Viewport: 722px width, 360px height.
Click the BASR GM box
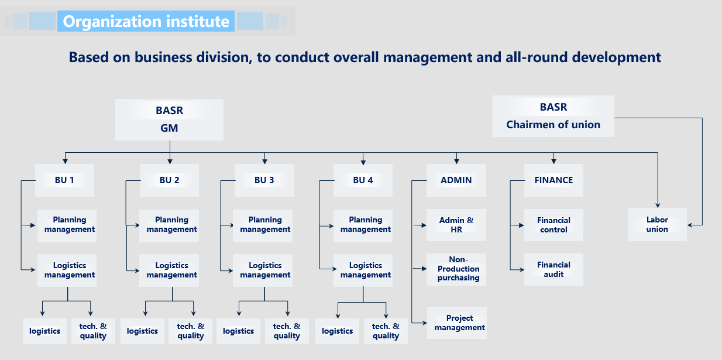[x=169, y=119]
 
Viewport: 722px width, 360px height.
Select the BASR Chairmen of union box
[x=553, y=116]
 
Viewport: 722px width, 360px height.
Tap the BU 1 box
[x=64, y=180]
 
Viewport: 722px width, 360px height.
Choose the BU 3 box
[x=264, y=180]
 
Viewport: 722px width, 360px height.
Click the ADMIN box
[x=456, y=180]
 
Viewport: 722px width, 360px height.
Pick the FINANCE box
[x=553, y=180]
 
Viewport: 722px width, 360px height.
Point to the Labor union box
[x=657, y=225]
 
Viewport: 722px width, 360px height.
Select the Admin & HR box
[x=456, y=225]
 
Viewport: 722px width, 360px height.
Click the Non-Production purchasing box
[x=456, y=269]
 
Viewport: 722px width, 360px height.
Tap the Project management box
[x=457, y=323]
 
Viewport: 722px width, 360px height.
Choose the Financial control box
[x=553, y=225]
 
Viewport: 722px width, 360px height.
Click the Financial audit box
[x=553, y=269]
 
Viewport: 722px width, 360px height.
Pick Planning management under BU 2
[x=169, y=226]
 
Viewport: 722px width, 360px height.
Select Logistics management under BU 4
[x=363, y=270]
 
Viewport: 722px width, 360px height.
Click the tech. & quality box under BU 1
[x=93, y=331]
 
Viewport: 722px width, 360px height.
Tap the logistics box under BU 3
[x=238, y=331]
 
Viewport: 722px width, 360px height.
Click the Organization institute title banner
[x=146, y=21]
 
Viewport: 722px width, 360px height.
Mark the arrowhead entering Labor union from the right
[x=690, y=225]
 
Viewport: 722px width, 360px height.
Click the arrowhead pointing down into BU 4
[x=363, y=163]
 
